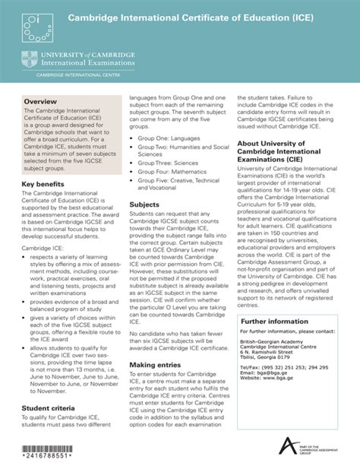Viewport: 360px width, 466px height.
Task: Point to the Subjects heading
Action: [x=144, y=204]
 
